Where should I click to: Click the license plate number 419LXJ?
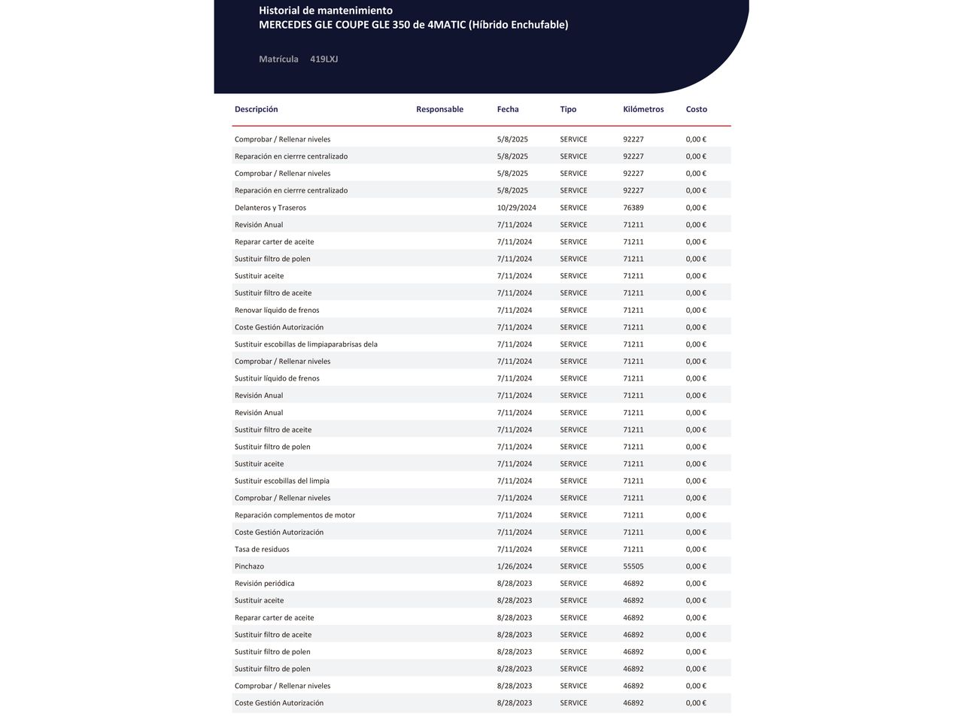324,59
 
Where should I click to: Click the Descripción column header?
256,110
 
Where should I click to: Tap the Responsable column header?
439,110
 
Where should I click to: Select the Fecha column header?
508,110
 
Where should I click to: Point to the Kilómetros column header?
643,110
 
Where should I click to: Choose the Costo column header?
696,110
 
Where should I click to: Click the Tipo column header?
568,110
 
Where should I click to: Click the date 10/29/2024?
516,208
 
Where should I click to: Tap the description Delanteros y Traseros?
270,208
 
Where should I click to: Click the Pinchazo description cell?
249,567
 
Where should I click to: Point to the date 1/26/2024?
514,567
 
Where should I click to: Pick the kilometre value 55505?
633,567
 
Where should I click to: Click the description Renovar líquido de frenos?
277,311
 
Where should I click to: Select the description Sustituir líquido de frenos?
277,379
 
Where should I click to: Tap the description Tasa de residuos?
262,550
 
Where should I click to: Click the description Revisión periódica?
264,584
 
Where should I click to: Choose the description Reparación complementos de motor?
294,516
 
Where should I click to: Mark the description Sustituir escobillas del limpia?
281,481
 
